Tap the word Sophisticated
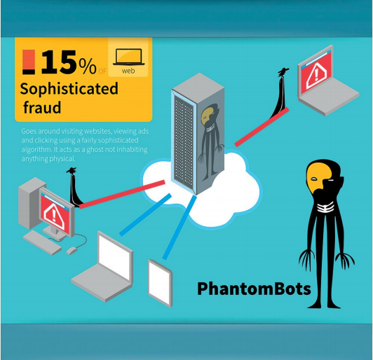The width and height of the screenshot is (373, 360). tap(69, 89)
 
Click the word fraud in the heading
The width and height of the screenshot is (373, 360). tap(42, 107)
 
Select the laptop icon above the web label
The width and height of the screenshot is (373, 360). tap(129, 57)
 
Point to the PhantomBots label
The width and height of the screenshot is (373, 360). tap(254, 289)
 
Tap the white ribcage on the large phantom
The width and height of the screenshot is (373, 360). tap(325, 206)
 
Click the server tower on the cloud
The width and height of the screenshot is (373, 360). tap(198, 134)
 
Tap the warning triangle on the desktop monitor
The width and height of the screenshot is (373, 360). tap(54, 216)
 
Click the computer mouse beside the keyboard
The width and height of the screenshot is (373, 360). tap(72, 250)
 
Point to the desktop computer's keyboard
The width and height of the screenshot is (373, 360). tap(42, 242)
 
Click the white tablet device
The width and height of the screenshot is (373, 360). tap(160, 283)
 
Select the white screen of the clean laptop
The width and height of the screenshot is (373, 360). tap(114, 256)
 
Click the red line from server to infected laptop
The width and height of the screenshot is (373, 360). tap(262, 127)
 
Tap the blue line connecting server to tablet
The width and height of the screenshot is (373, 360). tap(179, 228)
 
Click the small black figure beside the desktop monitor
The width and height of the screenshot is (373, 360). tap(75, 187)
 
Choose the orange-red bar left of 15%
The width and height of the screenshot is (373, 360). tap(29, 62)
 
